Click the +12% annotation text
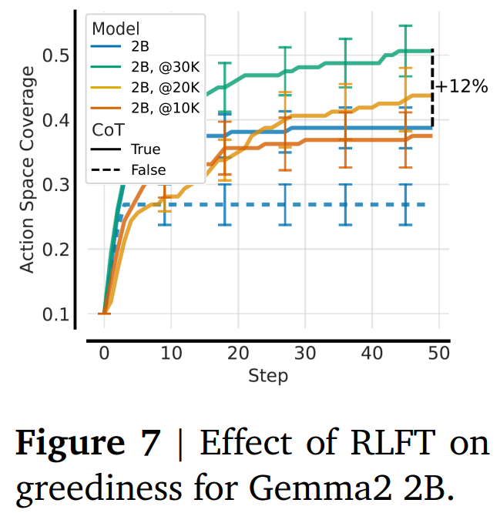tap(462, 86)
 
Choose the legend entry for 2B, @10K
tap(166, 108)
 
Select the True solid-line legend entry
tap(146, 149)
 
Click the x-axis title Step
tap(268, 376)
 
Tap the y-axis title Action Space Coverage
tap(28, 169)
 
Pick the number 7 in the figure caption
tap(152, 445)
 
